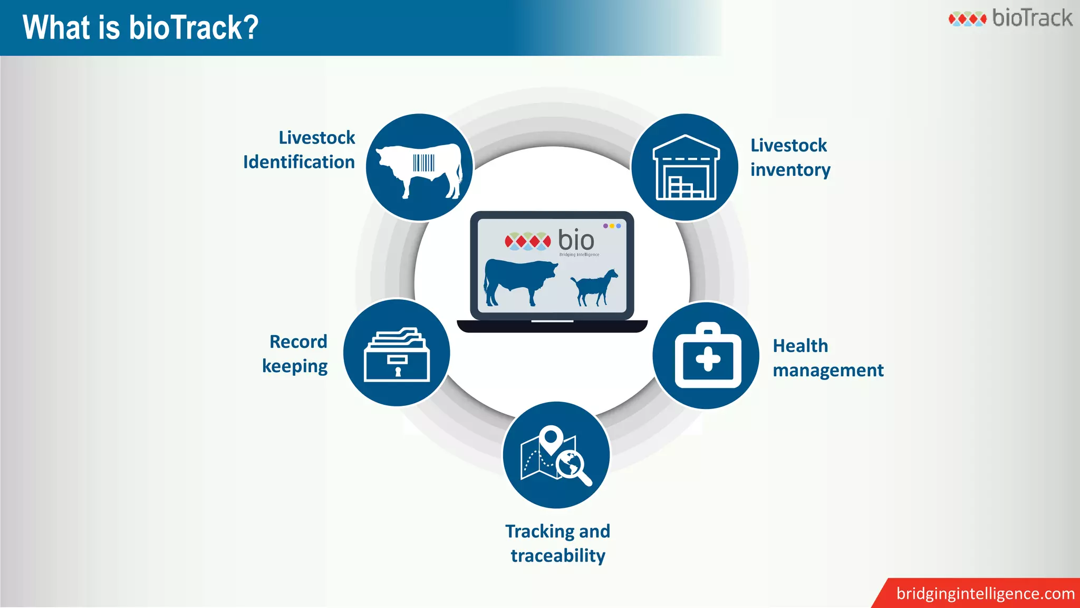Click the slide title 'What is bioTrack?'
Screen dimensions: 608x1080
(140, 27)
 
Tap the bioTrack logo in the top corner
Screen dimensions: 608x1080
(1010, 18)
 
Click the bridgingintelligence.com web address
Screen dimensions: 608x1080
(985, 594)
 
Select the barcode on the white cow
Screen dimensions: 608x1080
(423, 163)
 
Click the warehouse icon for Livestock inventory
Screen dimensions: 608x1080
(686, 168)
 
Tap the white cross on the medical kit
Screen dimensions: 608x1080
(708, 359)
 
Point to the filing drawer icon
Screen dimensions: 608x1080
(397, 355)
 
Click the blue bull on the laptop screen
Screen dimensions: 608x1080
(519, 280)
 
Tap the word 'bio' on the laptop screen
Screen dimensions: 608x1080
(576, 241)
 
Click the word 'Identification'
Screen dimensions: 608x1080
(299, 163)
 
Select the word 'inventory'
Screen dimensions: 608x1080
(790, 170)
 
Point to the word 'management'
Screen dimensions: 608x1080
(828, 370)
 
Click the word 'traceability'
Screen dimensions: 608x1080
(558, 556)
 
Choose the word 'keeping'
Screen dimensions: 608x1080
(295, 366)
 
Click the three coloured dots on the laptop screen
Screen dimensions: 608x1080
(612, 226)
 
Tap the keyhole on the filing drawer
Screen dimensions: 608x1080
(398, 372)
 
